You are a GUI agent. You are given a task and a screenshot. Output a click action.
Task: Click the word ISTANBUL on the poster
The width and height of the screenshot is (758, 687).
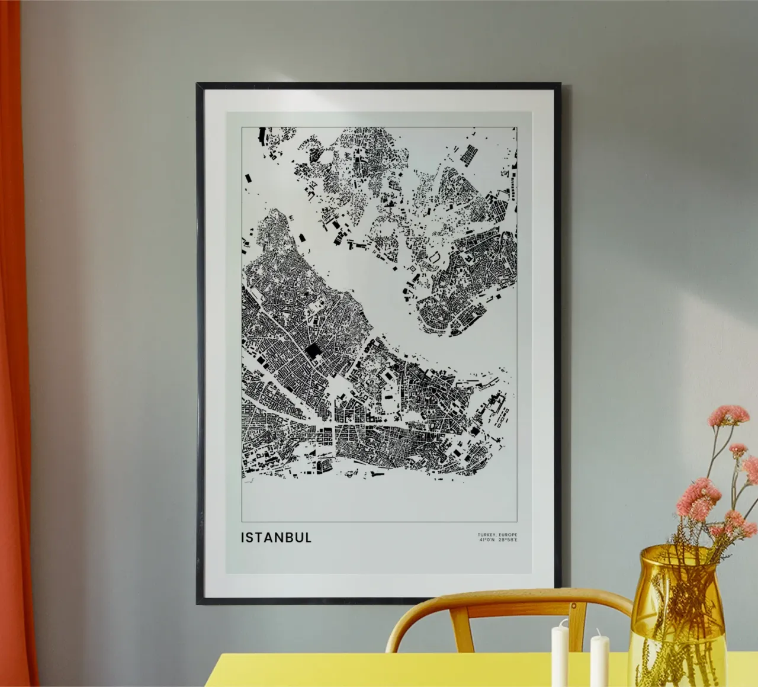276,538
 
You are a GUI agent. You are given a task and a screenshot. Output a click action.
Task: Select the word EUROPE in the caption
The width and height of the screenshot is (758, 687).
508,535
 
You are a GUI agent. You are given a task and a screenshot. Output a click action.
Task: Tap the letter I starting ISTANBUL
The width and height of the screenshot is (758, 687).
243,538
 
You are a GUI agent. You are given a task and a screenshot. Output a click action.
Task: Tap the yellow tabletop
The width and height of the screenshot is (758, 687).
415,672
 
